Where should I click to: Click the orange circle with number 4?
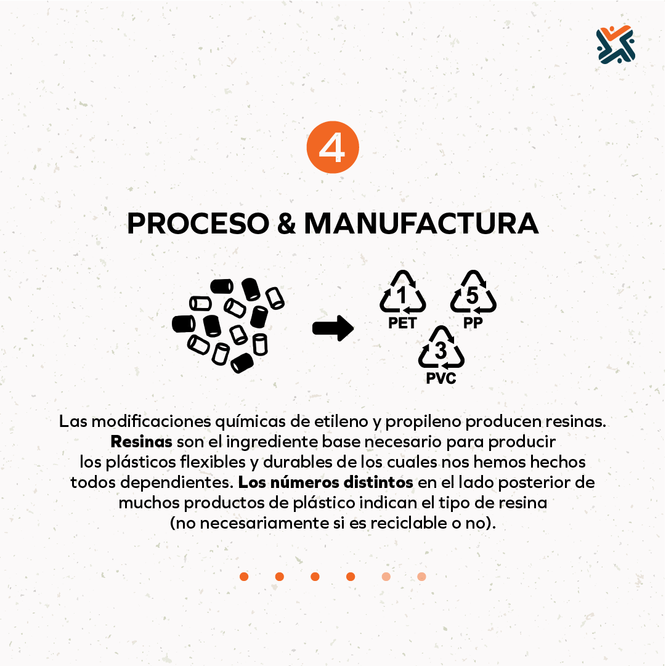tap(333, 147)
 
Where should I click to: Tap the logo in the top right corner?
tap(615, 44)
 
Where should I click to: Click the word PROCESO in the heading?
tap(198, 224)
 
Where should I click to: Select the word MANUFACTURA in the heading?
tap(421, 224)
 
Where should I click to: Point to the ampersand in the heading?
tap(286, 224)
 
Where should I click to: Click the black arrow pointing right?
tap(333, 328)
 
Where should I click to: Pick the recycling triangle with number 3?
tap(441, 347)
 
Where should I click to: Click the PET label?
tap(402, 323)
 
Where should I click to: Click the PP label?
tap(473, 323)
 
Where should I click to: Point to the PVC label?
tap(441, 378)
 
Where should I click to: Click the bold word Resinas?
tap(142, 442)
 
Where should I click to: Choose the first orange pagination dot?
tap(244, 577)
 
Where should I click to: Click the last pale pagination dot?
tap(421, 577)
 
